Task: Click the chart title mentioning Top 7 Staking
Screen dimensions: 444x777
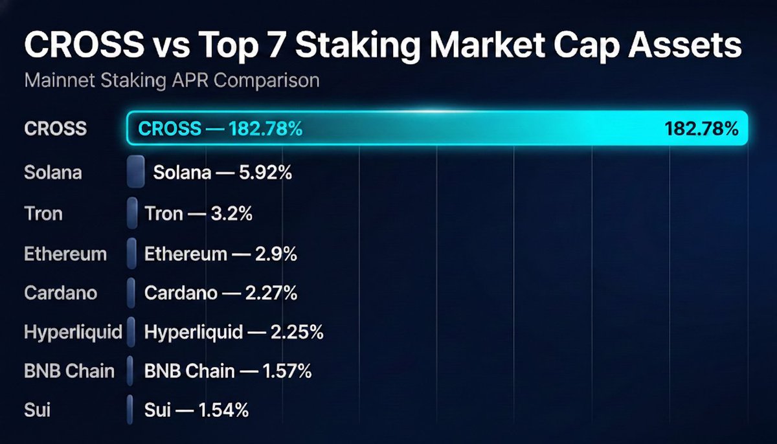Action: coord(383,47)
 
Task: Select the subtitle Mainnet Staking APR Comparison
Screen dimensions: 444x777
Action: coord(172,82)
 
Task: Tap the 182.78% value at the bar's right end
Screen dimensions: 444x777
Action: coord(701,128)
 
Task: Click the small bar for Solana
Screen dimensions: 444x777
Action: coord(136,172)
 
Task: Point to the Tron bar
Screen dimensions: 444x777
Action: coord(133,213)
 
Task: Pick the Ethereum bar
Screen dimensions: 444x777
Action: coord(132,253)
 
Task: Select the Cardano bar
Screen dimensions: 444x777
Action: coord(132,293)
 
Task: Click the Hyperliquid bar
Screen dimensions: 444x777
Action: coord(132,332)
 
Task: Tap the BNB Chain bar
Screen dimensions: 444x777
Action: coord(131,371)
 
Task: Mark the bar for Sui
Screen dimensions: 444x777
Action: coord(131,410)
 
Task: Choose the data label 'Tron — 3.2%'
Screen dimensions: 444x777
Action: coord(198,214)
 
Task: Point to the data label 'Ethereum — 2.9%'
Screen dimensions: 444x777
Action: coord(221,254)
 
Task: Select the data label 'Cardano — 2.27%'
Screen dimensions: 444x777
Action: coord(221,293)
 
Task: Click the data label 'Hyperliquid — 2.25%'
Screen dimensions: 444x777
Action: coord(234,333)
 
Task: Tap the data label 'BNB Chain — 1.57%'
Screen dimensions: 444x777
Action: coord(228,372)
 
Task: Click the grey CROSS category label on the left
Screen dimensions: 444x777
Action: coord(55,128)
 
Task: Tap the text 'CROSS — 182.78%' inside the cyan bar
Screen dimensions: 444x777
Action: coord(221,128)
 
